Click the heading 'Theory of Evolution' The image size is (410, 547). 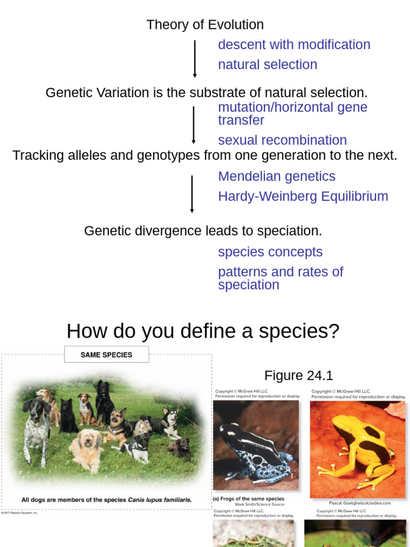pos(205,25)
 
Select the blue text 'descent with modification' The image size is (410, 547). pos(294,44)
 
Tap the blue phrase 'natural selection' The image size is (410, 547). pos(267,65)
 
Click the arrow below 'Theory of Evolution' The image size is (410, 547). pos(195,58)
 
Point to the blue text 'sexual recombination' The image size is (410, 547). pos(282,140)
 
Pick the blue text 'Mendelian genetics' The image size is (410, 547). pos(277,176)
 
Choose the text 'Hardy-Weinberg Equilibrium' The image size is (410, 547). pos(303,196)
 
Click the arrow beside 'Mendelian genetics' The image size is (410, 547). pos(192,193)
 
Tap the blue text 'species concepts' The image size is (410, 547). pos(270,252)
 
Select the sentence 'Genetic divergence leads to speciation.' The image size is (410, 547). pos(203,231)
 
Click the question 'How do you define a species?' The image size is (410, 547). pos(203,331)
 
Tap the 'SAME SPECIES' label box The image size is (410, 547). pos(106,355)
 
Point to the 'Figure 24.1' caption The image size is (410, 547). pos(298,376)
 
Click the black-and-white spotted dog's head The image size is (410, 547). pos(36,409)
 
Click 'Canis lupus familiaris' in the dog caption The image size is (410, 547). pos(159,500)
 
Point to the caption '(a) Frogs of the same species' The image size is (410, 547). pos(249,498)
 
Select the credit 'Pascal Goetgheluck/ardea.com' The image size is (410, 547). pos(360,503)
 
